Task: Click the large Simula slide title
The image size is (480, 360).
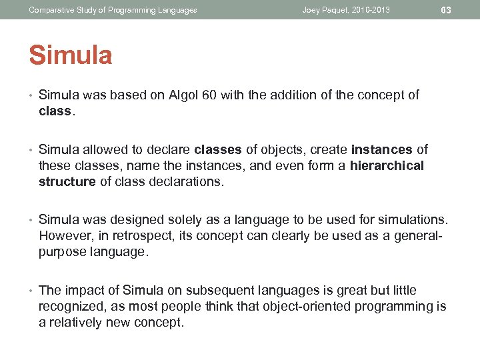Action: [x=70, y=55]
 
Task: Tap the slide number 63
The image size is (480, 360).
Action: [x=446, y=10]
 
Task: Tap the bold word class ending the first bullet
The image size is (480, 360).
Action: [x=55, y=111]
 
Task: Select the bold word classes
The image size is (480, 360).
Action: [x=217, y=149]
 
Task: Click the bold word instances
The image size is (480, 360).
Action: [x=382, y=149]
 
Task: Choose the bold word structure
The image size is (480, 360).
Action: [x=67, y=181]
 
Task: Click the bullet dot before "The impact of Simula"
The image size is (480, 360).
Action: [x=31, y=290]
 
